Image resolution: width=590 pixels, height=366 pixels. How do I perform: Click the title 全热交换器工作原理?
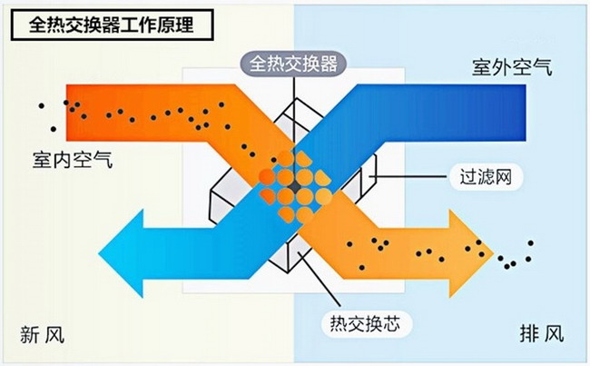[112, 25]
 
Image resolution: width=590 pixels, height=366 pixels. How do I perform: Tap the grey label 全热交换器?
[293, 64]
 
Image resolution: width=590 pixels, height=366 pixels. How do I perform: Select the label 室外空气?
[512, 67]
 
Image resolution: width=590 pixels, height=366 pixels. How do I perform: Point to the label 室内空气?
[73, 160]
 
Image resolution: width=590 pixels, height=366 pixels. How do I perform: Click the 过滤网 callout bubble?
[487, 176]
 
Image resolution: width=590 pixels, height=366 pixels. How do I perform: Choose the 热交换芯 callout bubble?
[366, 324]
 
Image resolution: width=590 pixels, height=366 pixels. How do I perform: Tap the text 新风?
[42, 334]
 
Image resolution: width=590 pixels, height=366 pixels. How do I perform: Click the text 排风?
[542, 333]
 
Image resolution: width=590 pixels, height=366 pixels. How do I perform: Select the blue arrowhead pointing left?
[121, 253]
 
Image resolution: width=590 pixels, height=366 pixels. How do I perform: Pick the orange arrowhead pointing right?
[471, 253]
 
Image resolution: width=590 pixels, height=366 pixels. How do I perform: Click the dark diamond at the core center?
[295, 187]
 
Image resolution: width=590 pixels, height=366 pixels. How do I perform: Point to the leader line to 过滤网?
[409, 176]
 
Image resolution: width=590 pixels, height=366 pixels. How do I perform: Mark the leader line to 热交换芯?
[320, 279]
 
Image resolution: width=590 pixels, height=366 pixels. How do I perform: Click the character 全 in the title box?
[37, 25]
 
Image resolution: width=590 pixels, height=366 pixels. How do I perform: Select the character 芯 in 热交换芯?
[391, 324]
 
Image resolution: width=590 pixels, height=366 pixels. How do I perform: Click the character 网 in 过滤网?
[503, 176]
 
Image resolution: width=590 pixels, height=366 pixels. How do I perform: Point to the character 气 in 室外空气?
[543, 67]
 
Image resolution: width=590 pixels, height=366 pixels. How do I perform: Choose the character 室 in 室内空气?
[43, 160]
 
